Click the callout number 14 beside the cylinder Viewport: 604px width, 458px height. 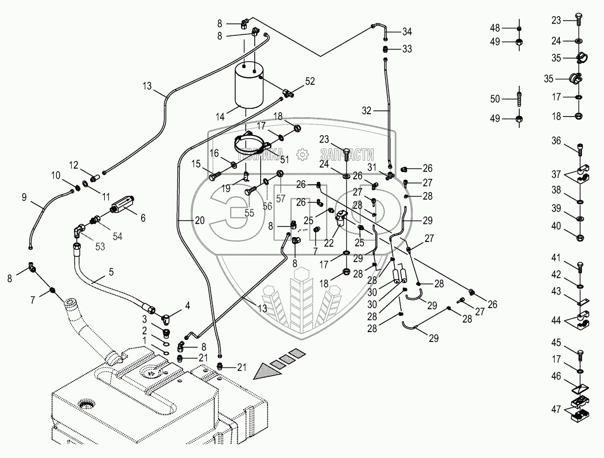coord(219,117)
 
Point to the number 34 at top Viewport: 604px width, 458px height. coord(407,32)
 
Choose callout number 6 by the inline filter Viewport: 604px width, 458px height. coord(143,217)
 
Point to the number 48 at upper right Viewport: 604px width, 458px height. coord(495,28)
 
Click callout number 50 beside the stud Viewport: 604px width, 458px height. coord(495,99)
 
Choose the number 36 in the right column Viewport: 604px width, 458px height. coord(556,142)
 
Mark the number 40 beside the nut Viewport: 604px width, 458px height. coord(556,226)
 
